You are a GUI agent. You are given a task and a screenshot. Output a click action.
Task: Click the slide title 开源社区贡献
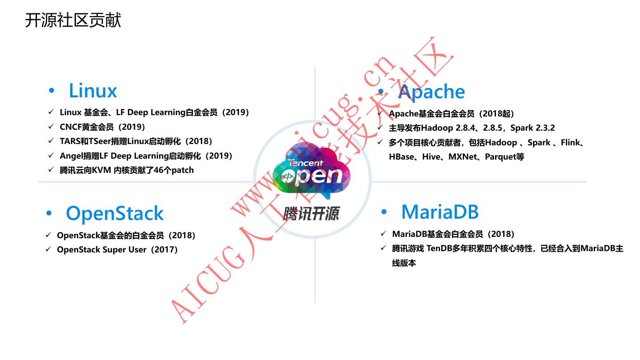coord(73,20)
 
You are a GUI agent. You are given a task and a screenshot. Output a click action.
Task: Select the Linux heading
coord(92,91)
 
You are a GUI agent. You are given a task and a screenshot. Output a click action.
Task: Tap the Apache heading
coord(431,92)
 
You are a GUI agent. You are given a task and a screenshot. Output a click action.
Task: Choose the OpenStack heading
coord(115,213)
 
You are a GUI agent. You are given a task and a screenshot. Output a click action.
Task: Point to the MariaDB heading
coord(440,212)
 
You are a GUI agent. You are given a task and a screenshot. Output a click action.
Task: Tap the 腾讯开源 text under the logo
coord(312,214)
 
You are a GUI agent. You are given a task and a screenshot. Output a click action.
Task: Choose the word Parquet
coord(500,157)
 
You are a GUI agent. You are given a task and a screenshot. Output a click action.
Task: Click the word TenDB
coord(439,248)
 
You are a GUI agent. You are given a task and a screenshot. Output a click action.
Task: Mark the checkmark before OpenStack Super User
coord(48,249)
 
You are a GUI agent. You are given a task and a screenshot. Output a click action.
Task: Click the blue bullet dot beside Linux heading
coord(52,91)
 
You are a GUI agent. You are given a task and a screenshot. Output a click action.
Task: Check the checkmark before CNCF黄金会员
coord(51,127)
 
